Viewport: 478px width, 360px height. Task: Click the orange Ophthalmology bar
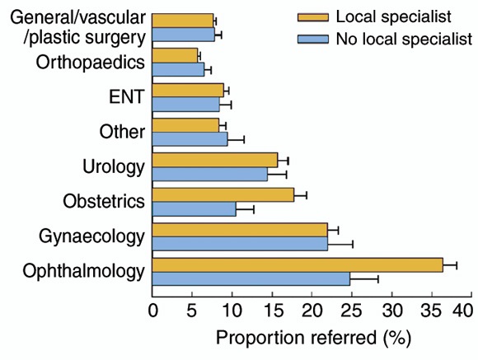298,265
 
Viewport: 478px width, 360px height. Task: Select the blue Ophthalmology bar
251,279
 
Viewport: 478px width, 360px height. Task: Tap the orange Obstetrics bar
223,194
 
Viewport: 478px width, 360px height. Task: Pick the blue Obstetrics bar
194,209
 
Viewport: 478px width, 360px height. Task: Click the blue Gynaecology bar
240,244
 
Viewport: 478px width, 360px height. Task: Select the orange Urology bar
215,160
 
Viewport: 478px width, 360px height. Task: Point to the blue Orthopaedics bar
178,69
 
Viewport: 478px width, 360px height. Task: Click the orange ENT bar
188,91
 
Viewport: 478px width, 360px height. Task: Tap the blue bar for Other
190,139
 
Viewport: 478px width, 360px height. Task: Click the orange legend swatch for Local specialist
313,17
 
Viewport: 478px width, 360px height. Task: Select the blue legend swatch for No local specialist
313,40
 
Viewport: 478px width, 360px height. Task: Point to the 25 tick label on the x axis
351,311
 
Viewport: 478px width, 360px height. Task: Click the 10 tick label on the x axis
232,311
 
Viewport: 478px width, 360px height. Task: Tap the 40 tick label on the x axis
462,311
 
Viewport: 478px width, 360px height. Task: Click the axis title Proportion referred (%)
313,339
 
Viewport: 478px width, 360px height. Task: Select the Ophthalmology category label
83,271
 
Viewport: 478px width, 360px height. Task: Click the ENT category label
126,96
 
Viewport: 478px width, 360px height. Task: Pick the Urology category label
114,167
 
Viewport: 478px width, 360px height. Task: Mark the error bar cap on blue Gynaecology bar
353,244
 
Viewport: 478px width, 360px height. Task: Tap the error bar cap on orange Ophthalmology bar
457,265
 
